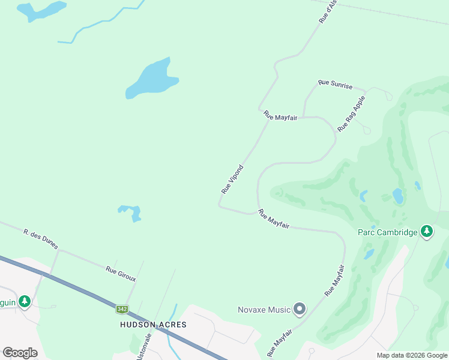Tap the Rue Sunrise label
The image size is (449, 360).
pos(336,84)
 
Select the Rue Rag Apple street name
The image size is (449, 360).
pos(351,114)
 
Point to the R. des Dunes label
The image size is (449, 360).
pos(41,238)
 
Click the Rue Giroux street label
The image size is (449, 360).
pos(121,274)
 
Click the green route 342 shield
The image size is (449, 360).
pos(122,309)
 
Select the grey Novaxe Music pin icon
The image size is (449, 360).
pos(300,310)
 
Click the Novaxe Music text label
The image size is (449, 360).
pos(264,310)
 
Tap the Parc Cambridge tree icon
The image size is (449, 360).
pos(426,232)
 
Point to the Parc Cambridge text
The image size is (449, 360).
pos(387,232)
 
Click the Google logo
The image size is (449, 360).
pos(20,352)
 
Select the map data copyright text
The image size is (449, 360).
pos(412,355)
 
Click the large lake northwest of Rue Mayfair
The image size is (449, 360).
pos(152,79)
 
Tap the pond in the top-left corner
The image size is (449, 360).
pos(41,10)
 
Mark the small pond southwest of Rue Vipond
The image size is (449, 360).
pos(131,212)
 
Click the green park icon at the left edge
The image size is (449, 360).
pos(24,301)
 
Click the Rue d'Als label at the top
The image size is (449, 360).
pos(329,11)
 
